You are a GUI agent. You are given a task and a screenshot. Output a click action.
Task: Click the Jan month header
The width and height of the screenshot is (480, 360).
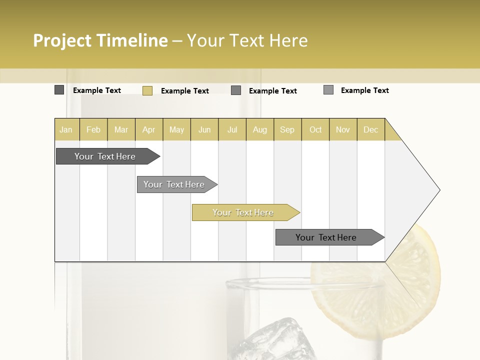[x=66, y=129]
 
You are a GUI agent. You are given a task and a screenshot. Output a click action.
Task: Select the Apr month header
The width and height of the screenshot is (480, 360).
[x=148, y=129]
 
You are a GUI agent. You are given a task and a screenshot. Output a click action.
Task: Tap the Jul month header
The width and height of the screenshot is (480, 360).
[x=232, y=129]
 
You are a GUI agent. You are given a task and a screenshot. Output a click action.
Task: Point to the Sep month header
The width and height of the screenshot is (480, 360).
[x=287, y=129]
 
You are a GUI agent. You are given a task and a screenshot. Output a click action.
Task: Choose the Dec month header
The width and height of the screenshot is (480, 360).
[x=370, y=129]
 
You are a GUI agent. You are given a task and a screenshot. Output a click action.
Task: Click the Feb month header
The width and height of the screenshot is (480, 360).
[x=93, y=129]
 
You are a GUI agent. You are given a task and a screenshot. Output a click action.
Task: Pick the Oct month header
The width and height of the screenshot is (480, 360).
[x=315, y=129]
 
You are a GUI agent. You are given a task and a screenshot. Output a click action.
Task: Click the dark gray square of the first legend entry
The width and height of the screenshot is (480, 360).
[x=59, y=90]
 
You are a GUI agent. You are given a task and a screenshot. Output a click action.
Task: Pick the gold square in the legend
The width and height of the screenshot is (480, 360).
[x=147, y=90]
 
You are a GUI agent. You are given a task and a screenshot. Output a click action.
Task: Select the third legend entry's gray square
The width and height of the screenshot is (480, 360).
[x=236, y=90]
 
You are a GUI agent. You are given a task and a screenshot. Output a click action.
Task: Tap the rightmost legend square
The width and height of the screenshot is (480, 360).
[x=328, y=90]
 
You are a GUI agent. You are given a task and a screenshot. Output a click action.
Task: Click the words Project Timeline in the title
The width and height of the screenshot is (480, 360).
[x=100, y=40]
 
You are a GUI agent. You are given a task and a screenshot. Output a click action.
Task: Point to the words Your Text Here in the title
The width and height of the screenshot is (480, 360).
[x=247, y=40]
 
